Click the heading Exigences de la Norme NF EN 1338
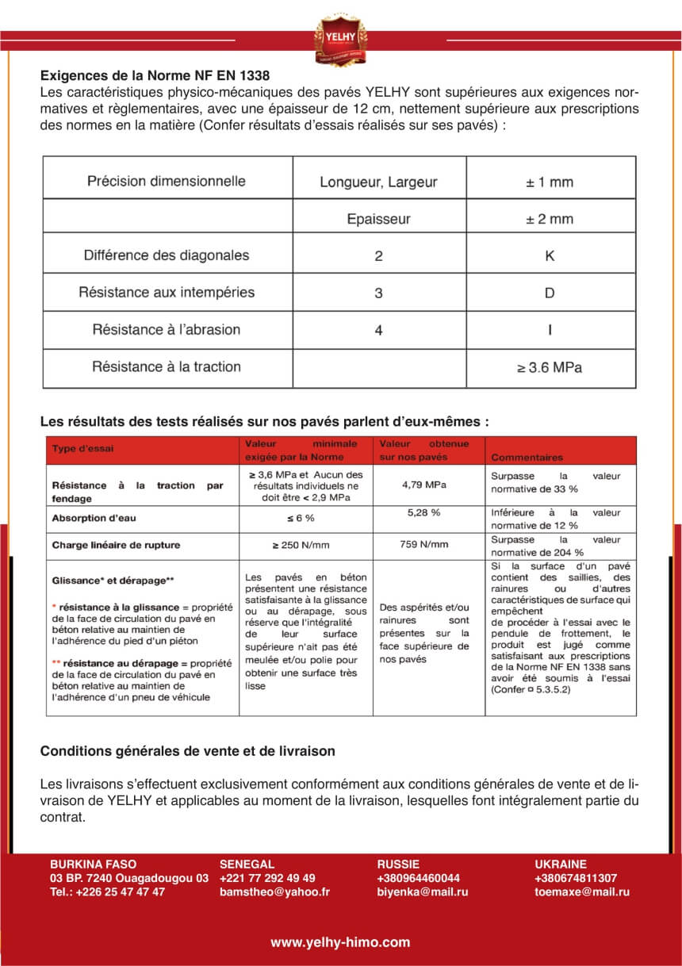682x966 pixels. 155,76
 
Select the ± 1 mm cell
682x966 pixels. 550,182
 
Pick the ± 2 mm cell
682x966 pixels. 550,219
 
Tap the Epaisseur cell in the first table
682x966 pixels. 378,219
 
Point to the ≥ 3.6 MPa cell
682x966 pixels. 550,367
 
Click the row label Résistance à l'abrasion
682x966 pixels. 166,330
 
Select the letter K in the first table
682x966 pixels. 550,255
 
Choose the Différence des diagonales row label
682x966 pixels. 166,255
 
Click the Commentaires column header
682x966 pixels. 527,458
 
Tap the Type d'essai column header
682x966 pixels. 82,449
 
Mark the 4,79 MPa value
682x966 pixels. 424,485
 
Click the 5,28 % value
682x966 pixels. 424,512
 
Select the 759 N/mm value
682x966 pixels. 424,544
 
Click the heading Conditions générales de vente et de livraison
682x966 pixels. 187,750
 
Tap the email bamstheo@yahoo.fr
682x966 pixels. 274,891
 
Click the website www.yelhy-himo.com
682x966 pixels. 340,942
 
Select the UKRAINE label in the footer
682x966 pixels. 561,864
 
